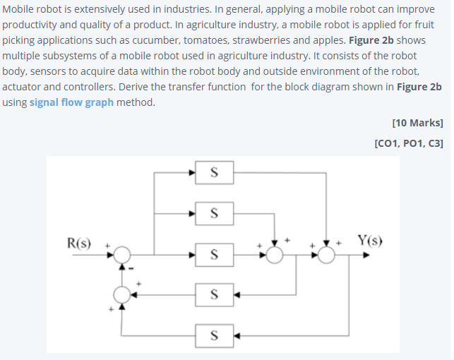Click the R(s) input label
click(78, 243)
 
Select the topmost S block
click(214, 171)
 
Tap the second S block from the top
click(214, 211)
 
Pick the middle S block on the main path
click(214, 253)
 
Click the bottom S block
click(214, 335)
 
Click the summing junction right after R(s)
click(123, 253)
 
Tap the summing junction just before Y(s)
click(326, 253)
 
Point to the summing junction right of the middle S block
click(275, 253)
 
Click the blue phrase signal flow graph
click(71, 102)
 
